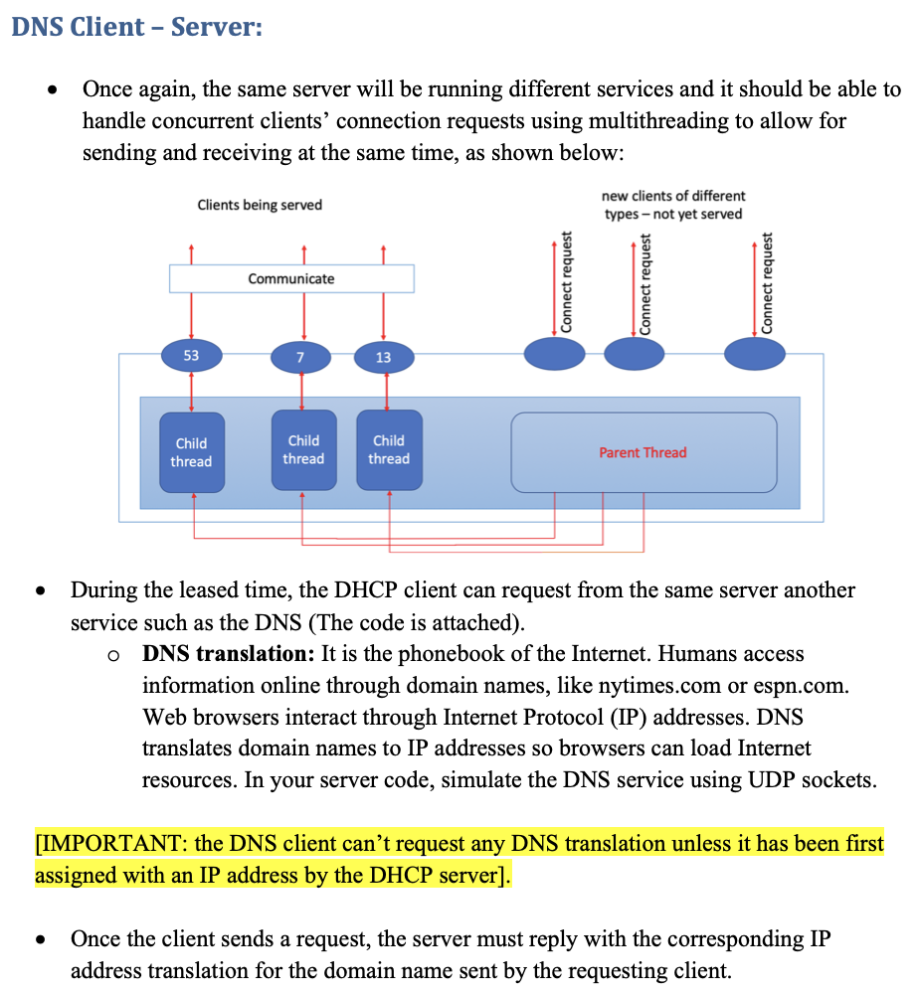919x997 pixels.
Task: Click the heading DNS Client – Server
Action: (136, 26)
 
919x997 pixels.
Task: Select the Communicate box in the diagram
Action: (291, 278)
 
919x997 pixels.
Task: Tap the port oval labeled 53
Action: (191, 355)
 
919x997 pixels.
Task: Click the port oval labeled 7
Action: (301, 357)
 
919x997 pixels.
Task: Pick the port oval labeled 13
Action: (383, 357)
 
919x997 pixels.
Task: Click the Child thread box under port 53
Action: (191, 453)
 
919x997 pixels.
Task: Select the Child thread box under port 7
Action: (303, 450)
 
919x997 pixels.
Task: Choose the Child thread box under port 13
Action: (389, 450)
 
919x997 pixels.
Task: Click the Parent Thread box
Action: (643, 452)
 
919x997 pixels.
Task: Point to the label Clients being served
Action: (260, 205)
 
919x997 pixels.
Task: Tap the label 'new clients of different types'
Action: (673, 205)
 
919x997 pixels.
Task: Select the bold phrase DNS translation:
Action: (229, 654)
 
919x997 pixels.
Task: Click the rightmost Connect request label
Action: (767, 283)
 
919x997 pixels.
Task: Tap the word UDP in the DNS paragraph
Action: (764, 779)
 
